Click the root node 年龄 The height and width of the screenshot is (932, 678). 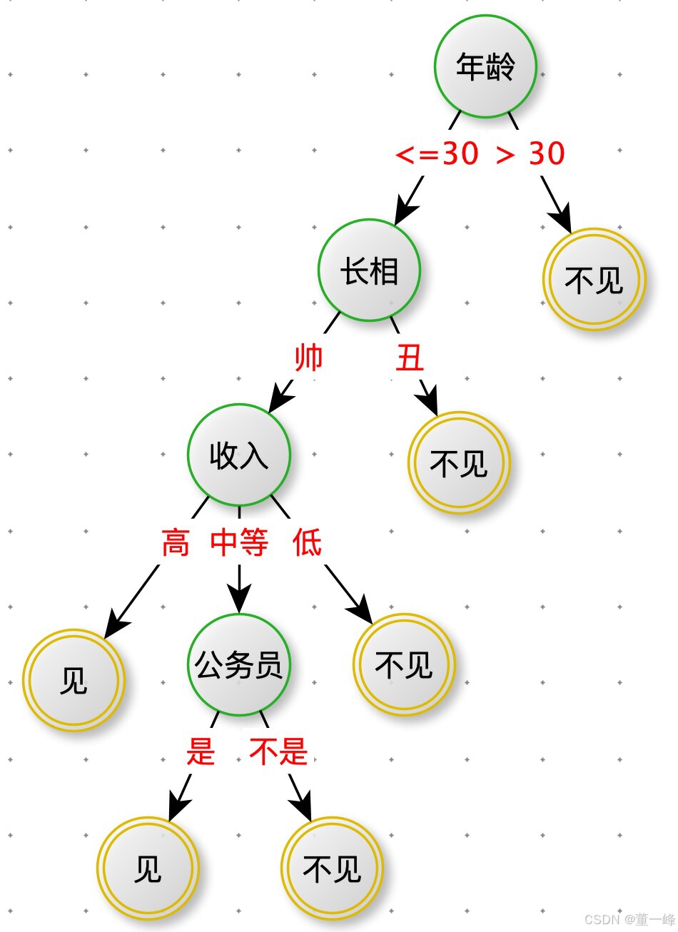click(x=485, y=66)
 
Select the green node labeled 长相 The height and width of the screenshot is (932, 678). click(x=369, y=270)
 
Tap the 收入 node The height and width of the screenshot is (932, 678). click(x=239, y=455)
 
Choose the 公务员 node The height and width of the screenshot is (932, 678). click(x=239, y=664)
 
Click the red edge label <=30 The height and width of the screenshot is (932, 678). click(x=437, y=153)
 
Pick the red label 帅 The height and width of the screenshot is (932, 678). click(x=309, y=358)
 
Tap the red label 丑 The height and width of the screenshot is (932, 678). click(x=410, y=358)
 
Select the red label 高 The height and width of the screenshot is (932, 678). click(x=176, y=543)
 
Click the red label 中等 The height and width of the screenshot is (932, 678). click(x=239, y=543)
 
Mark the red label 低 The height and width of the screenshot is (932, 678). click(x=307, y=543)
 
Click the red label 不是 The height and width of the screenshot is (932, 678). click(x=278, y=751)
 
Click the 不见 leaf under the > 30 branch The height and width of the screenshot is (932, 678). click(x=594, y=280)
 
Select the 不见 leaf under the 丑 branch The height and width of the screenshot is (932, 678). click(x=459, y=462)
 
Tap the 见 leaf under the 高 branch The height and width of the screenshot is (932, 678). click(x=74, y=680)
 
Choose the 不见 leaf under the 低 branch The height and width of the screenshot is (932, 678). click(x=404, y=664)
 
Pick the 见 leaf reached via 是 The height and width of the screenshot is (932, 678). click(x=148, y=868)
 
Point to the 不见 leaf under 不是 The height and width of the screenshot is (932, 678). click(x=332, y=868)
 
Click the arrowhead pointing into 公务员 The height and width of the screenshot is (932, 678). click(x=239, y=600)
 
